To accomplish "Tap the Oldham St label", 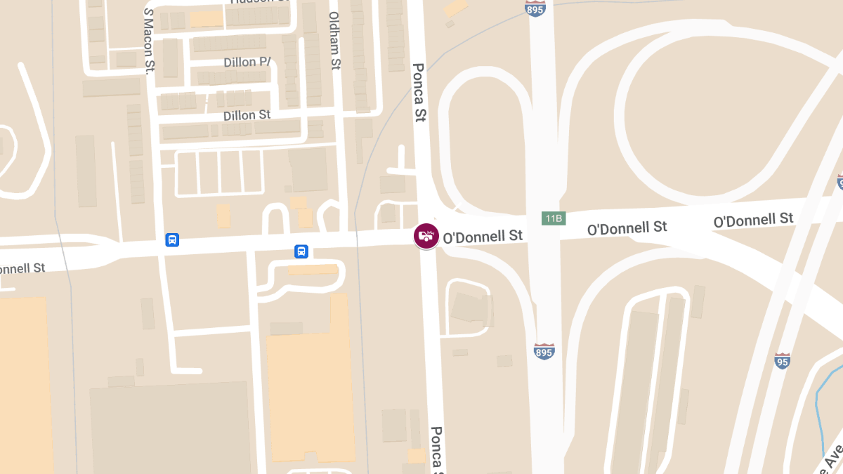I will [x=334, y=40].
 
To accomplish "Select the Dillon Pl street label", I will [x=247, y=62].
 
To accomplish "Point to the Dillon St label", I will [x=247, y=115].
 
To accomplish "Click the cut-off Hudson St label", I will [x=260, y=2].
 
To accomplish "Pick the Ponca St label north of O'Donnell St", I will [x=419, y=93].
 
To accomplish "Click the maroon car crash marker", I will [x=426, y=235].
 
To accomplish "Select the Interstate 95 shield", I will [x=783, y=361].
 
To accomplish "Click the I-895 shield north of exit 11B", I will [x=535, y=8].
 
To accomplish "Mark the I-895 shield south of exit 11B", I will [x=544, y=351].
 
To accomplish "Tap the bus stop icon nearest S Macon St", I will [x=172, y=240].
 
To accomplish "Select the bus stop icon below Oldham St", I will [x=301, y=251].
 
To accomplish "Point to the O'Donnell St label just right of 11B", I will [x=627, y=228].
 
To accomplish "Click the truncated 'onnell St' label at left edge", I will [x=22, y=268].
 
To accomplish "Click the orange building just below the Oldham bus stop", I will [x=313, y=269].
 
